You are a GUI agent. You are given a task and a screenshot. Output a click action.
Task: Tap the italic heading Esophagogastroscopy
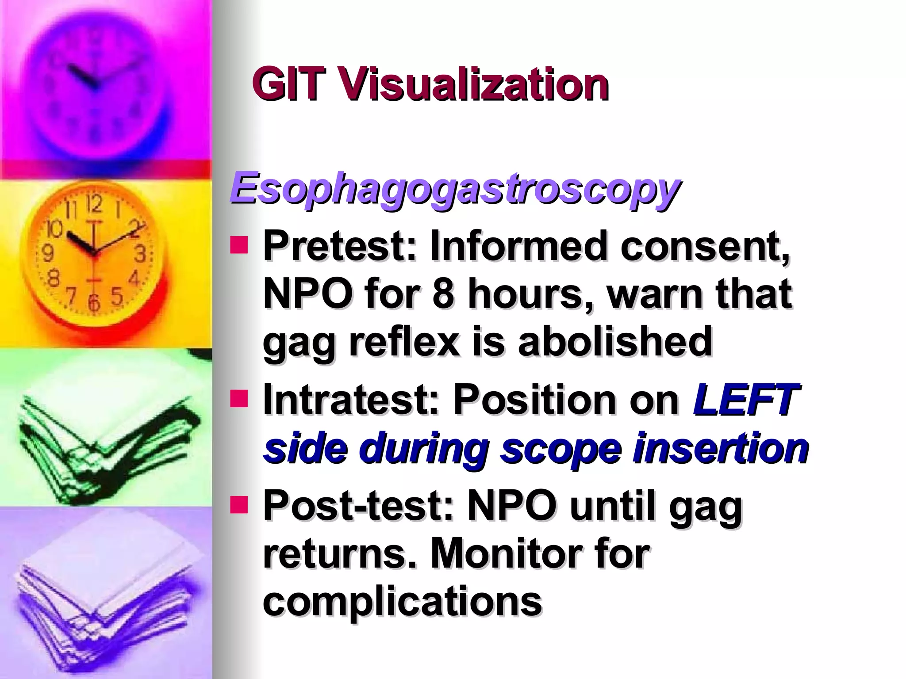tap(454, 189)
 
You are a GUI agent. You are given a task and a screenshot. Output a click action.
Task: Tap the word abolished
tap(615, 343)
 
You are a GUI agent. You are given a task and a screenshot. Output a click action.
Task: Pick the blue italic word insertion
tap(720, 449)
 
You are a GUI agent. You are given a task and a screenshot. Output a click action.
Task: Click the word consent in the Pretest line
tap(703, 246)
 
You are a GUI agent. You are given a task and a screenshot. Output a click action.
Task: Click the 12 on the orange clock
tap(94, 205)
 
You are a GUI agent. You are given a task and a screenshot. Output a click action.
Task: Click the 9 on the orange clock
tap(47, 254)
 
